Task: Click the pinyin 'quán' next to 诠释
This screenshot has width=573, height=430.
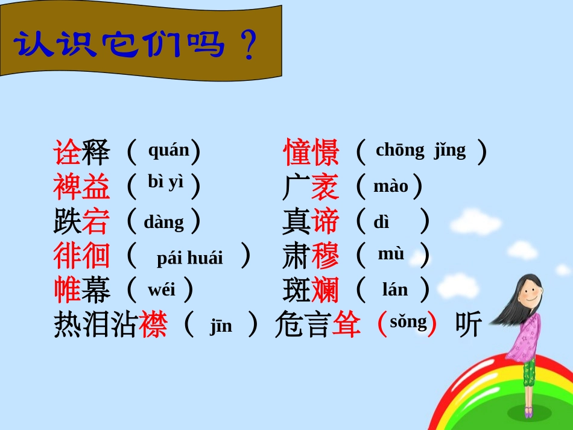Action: pos(168,150)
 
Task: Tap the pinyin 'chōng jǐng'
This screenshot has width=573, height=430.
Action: pos(420,150)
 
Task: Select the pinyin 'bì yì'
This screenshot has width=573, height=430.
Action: pos(165,182)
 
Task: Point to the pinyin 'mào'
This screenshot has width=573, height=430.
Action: pos(390,186)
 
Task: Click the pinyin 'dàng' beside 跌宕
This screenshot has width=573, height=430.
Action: pos(163,221)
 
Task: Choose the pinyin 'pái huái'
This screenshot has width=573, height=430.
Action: pos(189,258)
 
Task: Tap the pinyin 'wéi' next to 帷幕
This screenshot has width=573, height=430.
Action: pos(162,289)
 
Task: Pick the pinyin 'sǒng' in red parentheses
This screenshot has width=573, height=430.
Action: pos(408,321)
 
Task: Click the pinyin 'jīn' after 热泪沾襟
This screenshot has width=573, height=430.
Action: pos(221,326)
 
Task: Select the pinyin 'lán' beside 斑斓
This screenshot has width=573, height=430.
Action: pos(395,290)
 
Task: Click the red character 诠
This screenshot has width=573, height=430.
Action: pos(67,152)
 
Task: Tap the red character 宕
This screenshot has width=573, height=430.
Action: pos(96,221)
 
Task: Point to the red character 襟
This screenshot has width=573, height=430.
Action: pos(153,324)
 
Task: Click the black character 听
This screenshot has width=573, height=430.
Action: pos(469,324)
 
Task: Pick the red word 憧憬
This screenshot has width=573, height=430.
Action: pos(311,152)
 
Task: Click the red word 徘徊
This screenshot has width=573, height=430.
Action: pos(81,256)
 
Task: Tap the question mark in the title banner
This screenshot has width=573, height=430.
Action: pos(247,46)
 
